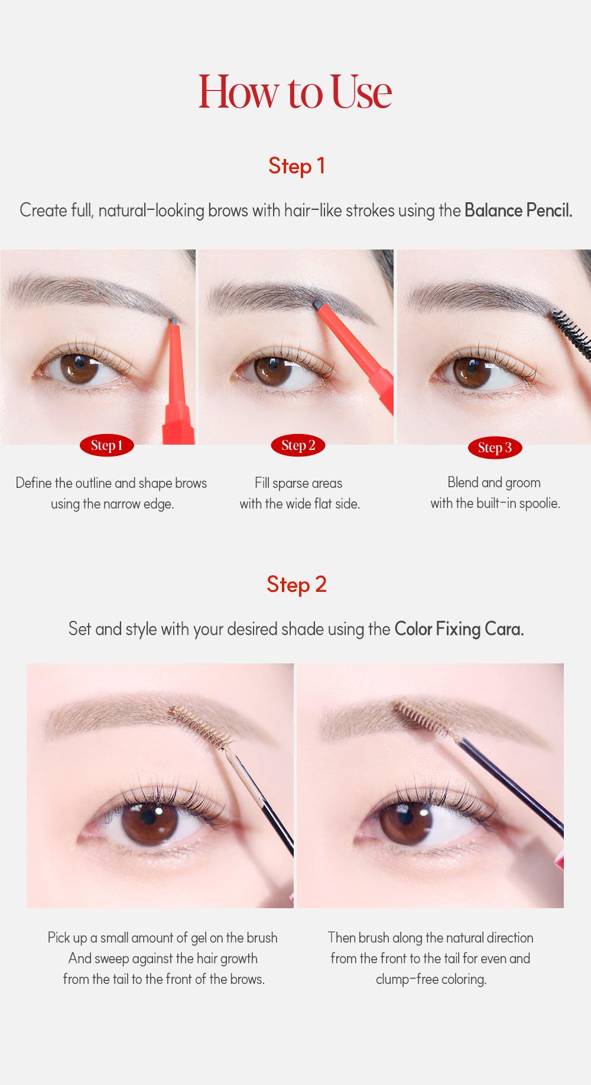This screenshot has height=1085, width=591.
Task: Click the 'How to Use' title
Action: click(x=295, y=92)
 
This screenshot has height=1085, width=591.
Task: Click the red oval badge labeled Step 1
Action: click(x=106, y=446)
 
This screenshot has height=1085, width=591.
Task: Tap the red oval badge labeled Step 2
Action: click(x=298, y=446)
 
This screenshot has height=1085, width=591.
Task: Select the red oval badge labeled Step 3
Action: click(x=495, y=448)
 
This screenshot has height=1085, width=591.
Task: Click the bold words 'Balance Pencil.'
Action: click(x=518, y=210)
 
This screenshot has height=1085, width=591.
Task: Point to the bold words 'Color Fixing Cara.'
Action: click(x=459, y=629)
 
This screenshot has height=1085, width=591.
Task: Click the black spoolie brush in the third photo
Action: click(x=572, y=331)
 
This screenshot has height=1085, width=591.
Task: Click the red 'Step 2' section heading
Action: click(x=296, y=584)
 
